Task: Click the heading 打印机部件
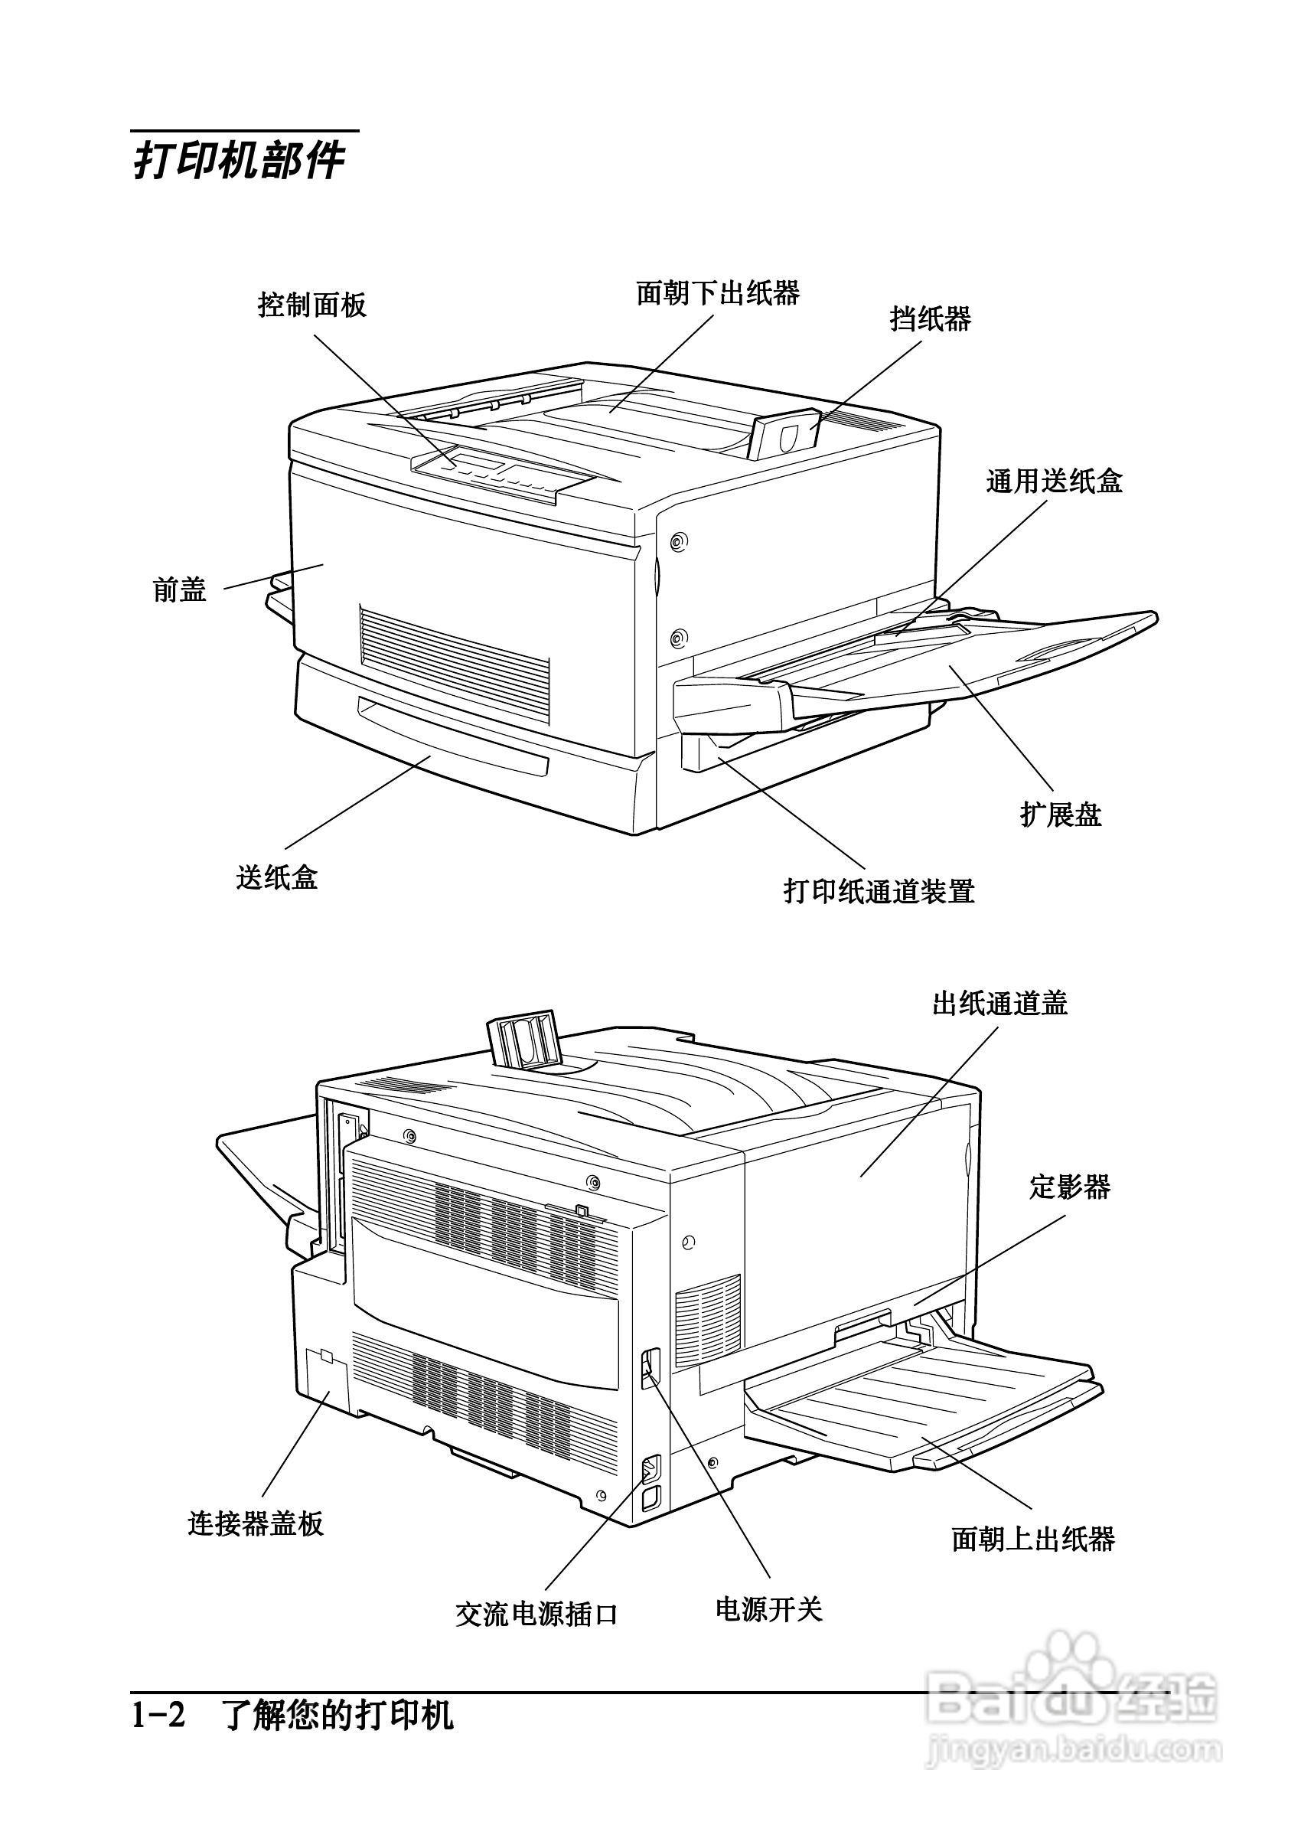pos(239,161)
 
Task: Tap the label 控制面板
pos(311,305)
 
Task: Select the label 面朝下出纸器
pos(718,293)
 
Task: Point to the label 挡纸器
pos(930,319)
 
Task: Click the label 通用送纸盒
pos(1054,482)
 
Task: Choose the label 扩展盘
pos(1061,815)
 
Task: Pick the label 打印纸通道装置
pos(879,891)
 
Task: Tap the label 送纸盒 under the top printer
pos(276,877)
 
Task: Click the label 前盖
pos(179,590)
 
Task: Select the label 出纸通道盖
pos(999,1003)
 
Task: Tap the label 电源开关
pos(768,1608)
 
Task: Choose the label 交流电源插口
pos(536,1614)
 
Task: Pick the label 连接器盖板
pos(256,1523)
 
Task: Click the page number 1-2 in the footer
pos(158,1716)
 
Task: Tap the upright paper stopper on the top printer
pos(785,436)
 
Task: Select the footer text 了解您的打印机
pos(338,1716)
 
